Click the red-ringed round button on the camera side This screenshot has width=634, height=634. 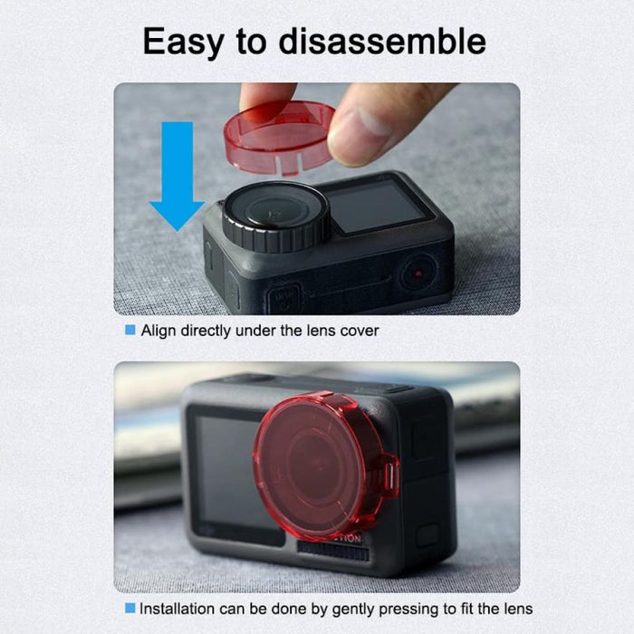point(417,270)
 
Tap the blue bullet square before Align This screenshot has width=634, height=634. point(130,331)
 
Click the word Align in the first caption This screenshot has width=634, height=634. point(158,331)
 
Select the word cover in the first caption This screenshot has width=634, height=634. point(359,331)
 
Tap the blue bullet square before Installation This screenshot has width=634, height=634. point(130,609)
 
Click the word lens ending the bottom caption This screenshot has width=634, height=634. point(517,609)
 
